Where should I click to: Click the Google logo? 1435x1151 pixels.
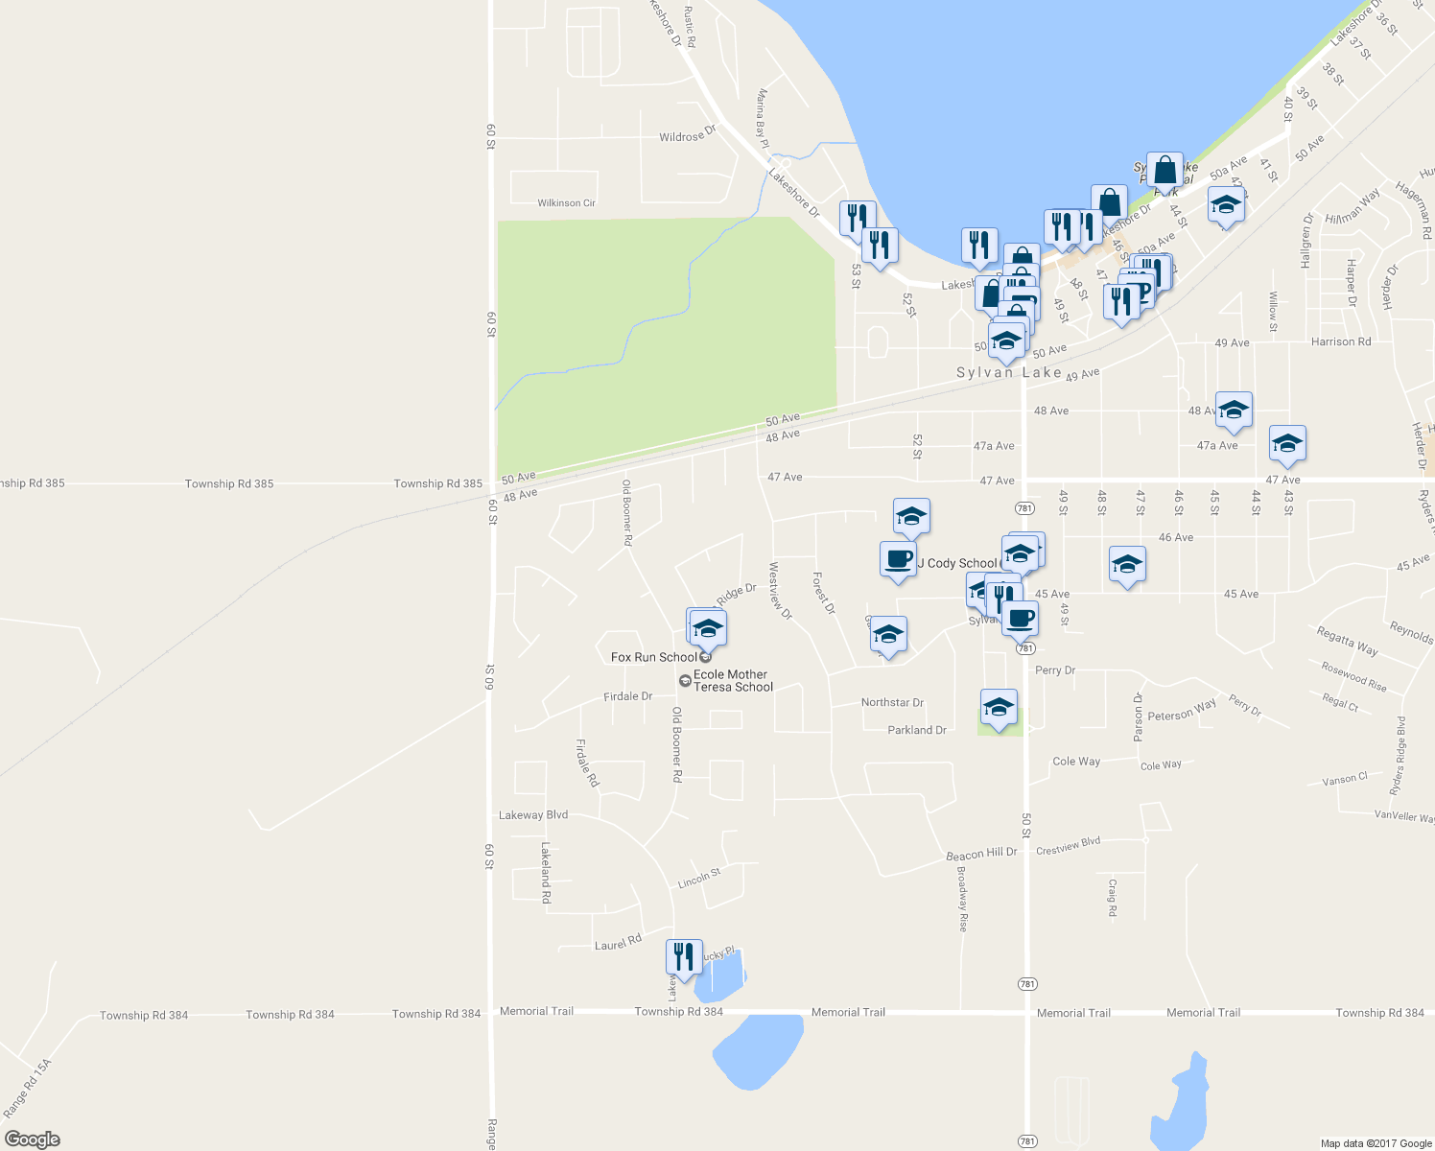(33, 1139)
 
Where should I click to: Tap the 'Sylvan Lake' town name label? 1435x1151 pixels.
(1008, 372)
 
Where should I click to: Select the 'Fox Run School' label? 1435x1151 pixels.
(654, 657)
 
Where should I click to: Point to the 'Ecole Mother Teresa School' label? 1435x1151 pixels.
(733, 681)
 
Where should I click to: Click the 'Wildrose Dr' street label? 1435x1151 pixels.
(687, 136)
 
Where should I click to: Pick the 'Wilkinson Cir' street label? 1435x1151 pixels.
(566, 203)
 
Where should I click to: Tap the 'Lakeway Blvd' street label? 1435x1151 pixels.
(533, 815)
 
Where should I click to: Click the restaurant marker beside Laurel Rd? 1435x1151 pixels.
(684, 956)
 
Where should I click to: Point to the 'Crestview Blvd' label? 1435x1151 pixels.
(1068, 845)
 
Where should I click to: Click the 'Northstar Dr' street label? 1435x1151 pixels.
(892, 703)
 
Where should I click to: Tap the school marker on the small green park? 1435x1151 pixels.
(999, 708)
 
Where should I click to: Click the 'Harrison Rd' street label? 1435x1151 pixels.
(1341, 341)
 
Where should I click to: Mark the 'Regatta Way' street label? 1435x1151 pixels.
(1347, 641)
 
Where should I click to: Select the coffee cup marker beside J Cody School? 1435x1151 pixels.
(898, 559)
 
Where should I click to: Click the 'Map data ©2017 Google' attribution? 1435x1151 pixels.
(1376, 1143)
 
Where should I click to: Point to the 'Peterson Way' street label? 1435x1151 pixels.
(1182, 711)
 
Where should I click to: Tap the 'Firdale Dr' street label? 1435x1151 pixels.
(627, 696)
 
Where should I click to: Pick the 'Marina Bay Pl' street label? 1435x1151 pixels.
(764, 118)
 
